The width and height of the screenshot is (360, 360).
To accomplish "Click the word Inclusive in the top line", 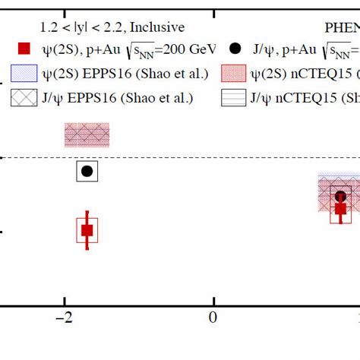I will [157, 27].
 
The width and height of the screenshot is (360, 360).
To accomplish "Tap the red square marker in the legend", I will [25, 49].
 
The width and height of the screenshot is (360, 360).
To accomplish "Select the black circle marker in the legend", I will [235, 49].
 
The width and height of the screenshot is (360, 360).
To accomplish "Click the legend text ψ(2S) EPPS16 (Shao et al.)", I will [118, 74].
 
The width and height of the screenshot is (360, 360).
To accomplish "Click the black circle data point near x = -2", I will [87, 172].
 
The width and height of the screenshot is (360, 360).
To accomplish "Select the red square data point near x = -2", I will [87, 230].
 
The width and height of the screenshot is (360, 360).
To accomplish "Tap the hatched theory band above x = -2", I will [87, 135].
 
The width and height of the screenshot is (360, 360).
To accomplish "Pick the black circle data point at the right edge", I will [340, 196].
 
